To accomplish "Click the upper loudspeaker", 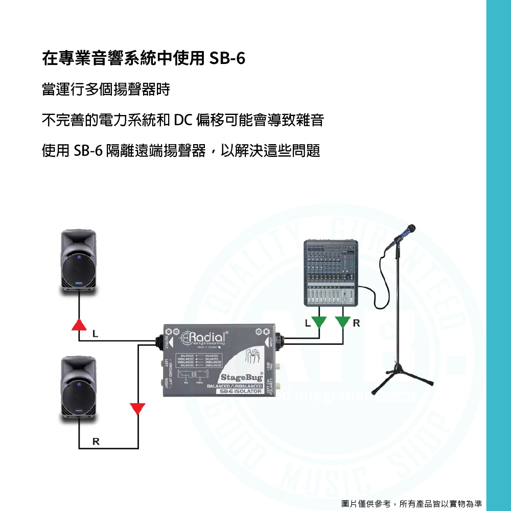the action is click(x=79, y=261).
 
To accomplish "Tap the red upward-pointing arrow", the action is click(x=79, y=324).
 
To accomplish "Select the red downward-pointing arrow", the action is click(x=137, y=409).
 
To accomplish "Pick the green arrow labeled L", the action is click(x=319, y=322).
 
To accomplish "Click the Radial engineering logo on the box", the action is click(x=207, y=338).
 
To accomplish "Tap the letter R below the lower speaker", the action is click(x=96, y=441).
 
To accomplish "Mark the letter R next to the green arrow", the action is click(x=356, y=323).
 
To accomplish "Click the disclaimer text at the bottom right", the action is click(x=411, y=503).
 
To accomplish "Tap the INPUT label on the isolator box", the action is click(x=269, y=339).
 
